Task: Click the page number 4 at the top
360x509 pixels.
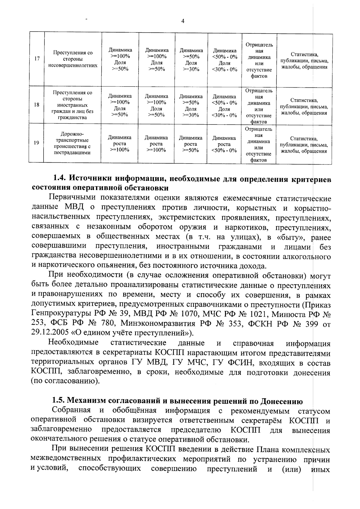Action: tap(183, 21)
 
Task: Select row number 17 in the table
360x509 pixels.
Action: tap(37, 59)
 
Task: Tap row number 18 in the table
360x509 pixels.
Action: tap(37, 105)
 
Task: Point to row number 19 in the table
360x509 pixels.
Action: tap(36, 143)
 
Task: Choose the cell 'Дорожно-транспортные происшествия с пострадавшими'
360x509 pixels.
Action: tap(72, 143)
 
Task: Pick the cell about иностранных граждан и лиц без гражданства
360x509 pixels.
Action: tap(73, 105)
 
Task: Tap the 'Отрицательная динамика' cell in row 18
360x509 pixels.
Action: tap(259, 106)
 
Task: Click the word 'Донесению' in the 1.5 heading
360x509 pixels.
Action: tap(281, 401)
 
